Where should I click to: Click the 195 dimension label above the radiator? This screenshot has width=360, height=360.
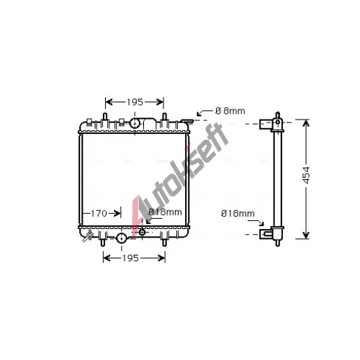(135, 102)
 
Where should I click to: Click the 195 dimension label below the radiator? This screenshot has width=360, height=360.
(130, 258)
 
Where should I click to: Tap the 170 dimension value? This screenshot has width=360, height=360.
(99, 213)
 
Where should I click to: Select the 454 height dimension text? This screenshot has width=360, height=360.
(306, 175)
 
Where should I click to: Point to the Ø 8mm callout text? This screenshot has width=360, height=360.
(230, 111)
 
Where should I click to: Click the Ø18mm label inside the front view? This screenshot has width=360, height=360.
(165, 212)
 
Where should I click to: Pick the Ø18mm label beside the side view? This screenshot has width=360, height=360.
(238, 213)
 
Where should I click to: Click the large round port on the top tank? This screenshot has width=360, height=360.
(135, 123)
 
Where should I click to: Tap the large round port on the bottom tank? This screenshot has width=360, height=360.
(122, 238)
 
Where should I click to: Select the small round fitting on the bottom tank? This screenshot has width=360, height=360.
(142, 232)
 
